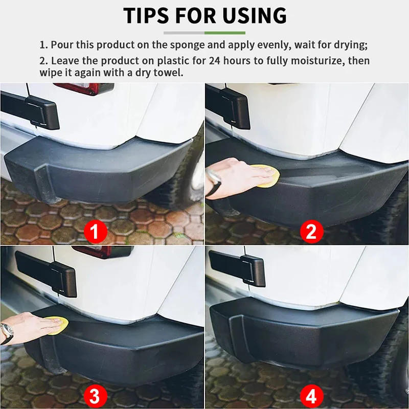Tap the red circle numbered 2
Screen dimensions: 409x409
pyautogui.click(x=311, y=232)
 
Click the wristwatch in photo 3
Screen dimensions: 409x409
pyautogui.click(x=7, y=333)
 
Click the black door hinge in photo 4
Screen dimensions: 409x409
pyautogui.click(x=237, y=268)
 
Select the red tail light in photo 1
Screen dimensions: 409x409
pyautogui.click(x=84, y=88)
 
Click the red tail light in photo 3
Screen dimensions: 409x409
pyautogui.click(x=102, y=251)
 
